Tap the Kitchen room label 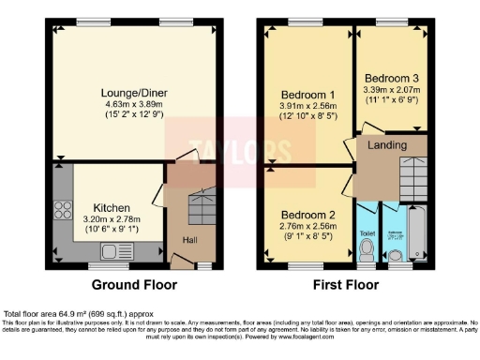112,207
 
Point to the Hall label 187,240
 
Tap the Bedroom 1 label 307,95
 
